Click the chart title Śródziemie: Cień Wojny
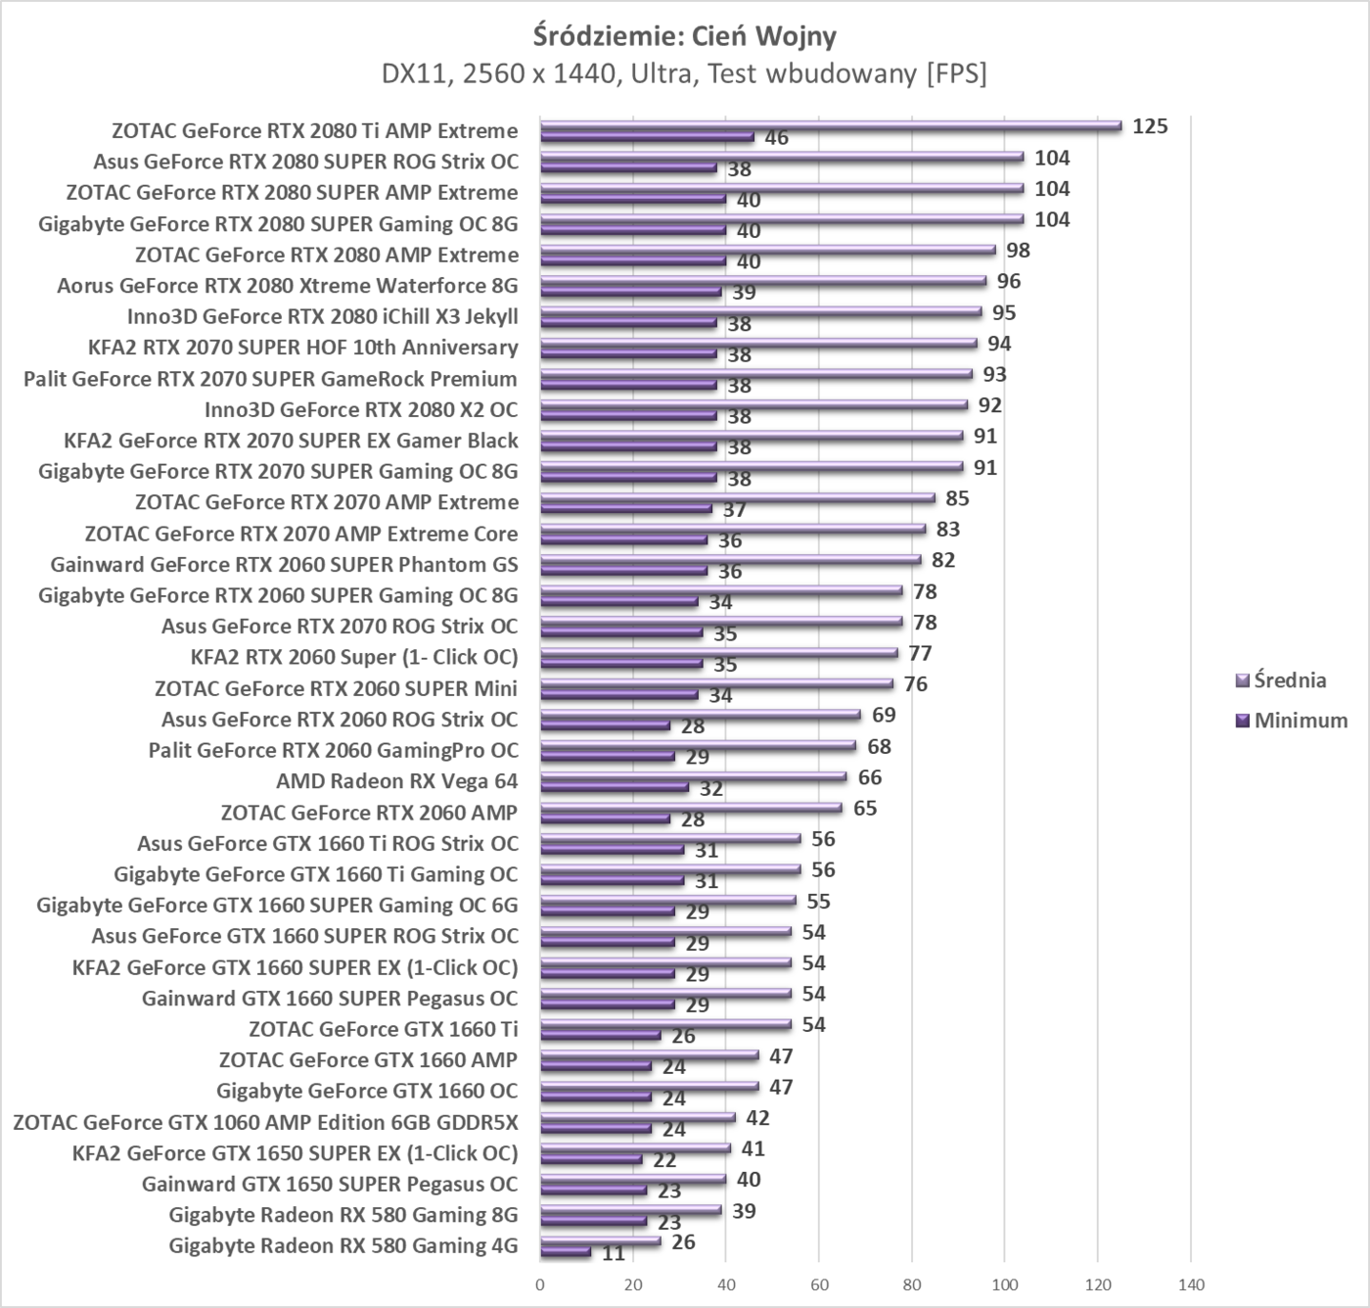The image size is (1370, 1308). (x=685, y=36)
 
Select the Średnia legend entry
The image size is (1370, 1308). (x=1290, y=679)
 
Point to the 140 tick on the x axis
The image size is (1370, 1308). (x=1191, y=1285)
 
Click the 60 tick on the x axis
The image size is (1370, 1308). (x=819, y=1285)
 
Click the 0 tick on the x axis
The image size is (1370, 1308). (x=540, y=1285)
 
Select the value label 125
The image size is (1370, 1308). (x=1150, y=126)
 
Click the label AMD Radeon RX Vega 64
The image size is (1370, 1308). (x=396, y=781)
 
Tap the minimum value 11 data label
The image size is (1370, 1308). (x=614, y=1253)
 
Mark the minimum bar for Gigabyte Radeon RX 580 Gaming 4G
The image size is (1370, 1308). (x=566, y=1252)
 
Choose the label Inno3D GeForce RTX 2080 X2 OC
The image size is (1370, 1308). (x=361, y=409)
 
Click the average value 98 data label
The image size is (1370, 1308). (x=1018, y=251)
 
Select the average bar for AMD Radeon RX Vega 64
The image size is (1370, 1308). (x=693, y=776)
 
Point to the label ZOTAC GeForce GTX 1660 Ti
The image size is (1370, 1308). (x=384, y=1029)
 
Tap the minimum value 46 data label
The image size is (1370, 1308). (x=776, y=138)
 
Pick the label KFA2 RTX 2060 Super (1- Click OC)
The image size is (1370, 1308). (x=354, y=657)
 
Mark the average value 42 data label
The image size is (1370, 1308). (x=757, y=1118)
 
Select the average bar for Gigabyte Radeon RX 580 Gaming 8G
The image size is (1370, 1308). (x=630, y=1211)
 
